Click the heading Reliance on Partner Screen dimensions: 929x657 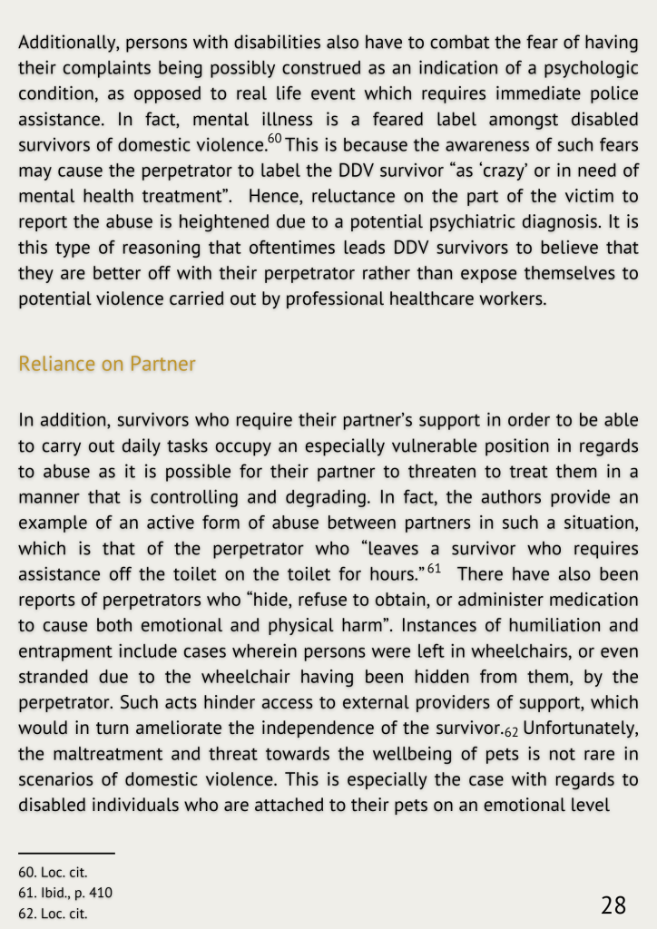tap(107, 364)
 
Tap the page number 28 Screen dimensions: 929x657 tap(613, 905)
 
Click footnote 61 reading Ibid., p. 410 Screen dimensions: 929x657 tap(65, 893)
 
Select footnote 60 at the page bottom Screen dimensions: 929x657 tap(53, 873)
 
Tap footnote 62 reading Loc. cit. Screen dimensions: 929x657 tap(53, 913)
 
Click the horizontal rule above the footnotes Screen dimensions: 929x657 tap(66, 854)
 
